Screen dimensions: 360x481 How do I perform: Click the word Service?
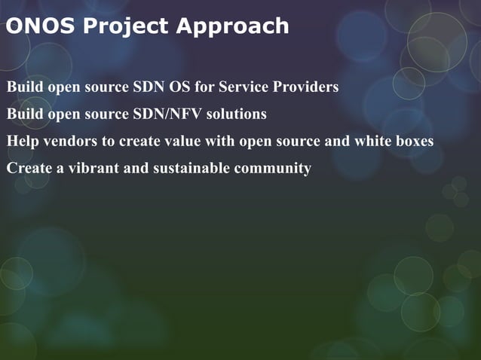pos(244,87)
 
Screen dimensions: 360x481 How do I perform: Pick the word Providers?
pos(307,87)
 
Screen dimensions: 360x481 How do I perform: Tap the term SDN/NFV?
pos(166,114)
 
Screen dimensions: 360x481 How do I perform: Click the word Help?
pos(23,142)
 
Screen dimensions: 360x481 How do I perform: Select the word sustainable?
pos(191,168)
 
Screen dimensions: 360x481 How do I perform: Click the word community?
pos(273,168)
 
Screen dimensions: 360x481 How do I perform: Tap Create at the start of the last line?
pos(26,168)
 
